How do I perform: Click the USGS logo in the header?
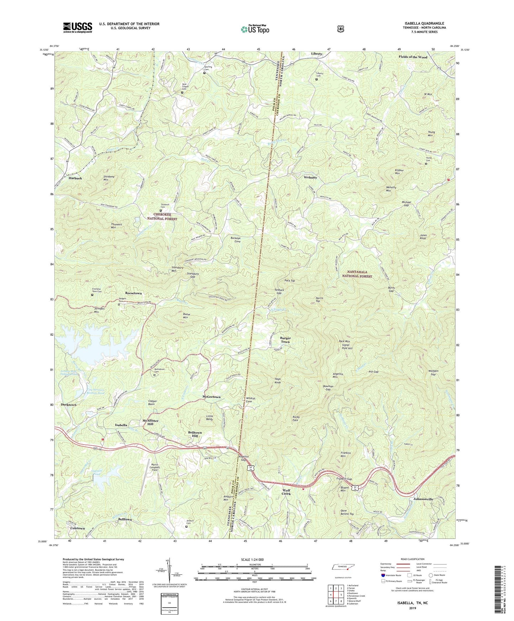pos(78,27)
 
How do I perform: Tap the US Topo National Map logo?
pos(254,29)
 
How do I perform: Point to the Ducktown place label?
pos(69,405)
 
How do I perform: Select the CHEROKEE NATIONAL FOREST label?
pos(160,217)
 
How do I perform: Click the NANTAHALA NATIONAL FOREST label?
pos(357,274)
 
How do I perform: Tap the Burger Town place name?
pos(285,340)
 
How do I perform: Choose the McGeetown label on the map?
pos(211,397)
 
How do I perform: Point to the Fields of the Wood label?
pos(413,57)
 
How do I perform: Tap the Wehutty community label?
pos(311,177)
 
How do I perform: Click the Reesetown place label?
pos(133,293)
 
